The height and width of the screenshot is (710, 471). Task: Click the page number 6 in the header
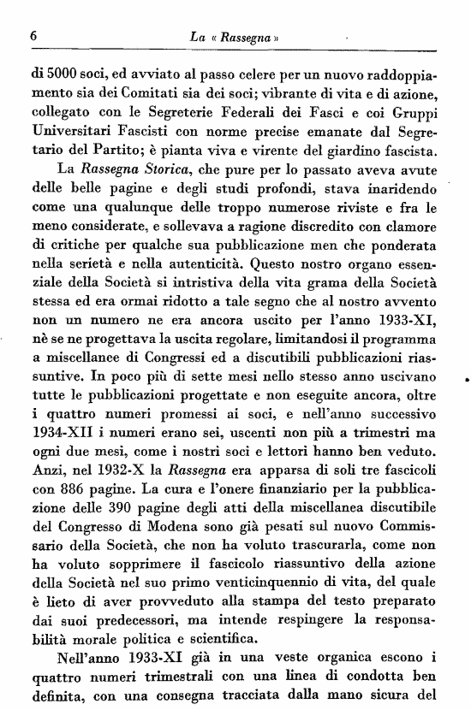click(32, 37)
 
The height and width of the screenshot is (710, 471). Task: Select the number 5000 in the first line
click(58, 74)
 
